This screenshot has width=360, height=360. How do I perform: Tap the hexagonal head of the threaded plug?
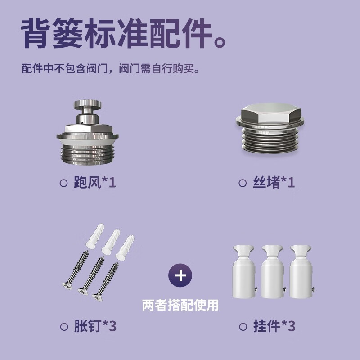[x=271, y=114]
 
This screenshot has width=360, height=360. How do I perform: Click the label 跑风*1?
[x=94, y=183]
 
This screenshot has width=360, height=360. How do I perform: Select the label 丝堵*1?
[x=274, y=183]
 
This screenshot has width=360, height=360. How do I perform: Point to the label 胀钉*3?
[x=95, y=326]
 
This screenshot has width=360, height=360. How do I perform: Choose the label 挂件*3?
[x=274, y=326]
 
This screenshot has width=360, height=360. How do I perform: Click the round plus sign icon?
[x=180, y=275]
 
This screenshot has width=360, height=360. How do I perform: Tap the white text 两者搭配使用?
[x=180, y=305]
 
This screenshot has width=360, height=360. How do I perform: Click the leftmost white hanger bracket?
[x=243, y=272]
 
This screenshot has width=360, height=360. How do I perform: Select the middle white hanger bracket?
[x=273, y=272]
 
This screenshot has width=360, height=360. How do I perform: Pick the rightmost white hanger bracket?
[x=301, y=272]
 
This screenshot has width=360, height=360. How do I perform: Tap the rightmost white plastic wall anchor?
[x=125, y=248]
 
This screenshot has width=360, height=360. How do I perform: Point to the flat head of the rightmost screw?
[x=98, y=297]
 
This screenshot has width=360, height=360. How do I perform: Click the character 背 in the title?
[x=36, y=33]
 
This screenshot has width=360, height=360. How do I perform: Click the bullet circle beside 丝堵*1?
[x=243, y=183]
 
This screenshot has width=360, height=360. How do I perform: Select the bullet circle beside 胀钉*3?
[x=64, y=327]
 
